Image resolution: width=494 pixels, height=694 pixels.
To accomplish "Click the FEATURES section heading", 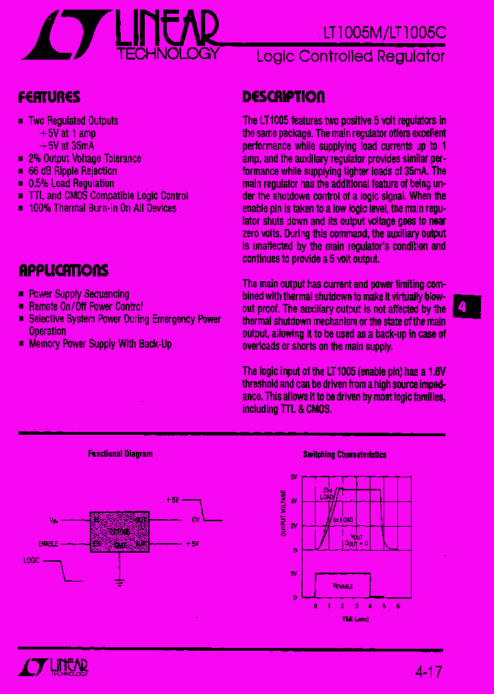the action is tap(49, 97).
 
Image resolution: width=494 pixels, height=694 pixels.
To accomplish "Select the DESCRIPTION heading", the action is tap(283, 97).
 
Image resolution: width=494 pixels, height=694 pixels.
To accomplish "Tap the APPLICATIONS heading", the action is tap(63, 270).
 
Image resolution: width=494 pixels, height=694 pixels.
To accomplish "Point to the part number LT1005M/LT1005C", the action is tap(384, 33).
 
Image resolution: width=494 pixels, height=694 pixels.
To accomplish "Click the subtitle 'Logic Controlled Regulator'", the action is tap(350, 56).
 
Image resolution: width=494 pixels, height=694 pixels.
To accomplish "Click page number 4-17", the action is tap(428, 669).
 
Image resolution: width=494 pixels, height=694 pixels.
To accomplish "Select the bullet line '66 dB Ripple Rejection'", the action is tap(73, 171).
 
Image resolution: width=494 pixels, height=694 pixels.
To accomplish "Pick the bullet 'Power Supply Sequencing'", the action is tap(78, 294).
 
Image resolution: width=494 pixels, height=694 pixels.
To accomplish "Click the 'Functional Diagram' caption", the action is tap(120, 454).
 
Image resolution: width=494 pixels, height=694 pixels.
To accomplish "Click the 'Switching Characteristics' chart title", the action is tap(344, 455).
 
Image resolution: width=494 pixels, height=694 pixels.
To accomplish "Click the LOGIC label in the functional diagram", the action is tap(32, 560).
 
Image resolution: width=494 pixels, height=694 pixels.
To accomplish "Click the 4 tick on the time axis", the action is tap(370, 606).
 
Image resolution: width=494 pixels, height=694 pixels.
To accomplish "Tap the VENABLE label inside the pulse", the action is tap(342, 586).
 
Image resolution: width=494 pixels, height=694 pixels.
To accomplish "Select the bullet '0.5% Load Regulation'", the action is tap(71, 183).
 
